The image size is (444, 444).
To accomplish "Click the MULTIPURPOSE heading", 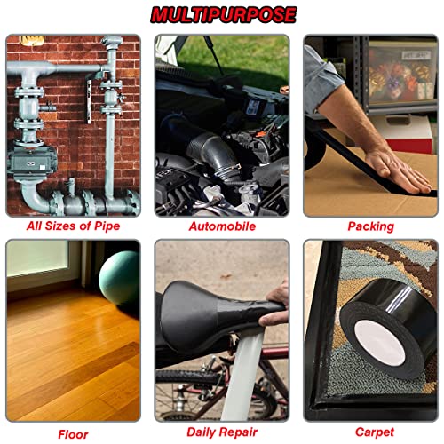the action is pyautogui.click(x=224, y=14).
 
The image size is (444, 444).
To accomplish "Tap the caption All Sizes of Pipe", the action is pyautogui.click(x=73, y=226).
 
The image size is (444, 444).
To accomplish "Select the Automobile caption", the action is pyautogui.click(x=222, y=226).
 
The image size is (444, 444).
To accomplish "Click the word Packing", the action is pyautogui.click(x=370, y=226).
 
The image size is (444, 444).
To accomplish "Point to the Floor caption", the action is pyautogui.click(x=73, y=434).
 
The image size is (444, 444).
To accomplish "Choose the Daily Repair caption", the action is pyautogui.click(x=222, y=432).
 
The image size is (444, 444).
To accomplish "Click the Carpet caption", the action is pyautogui.click(x=375, y=432).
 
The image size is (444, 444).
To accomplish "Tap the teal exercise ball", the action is pyautogui.click(x=120, y=277).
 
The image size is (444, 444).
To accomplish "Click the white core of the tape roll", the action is pyautogui.click(x=379, y=342).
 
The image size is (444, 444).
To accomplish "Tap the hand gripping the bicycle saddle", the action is pyautogui.click(x=274, y=305).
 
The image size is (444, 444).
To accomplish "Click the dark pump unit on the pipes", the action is pyautogui.click(x=31, y=162).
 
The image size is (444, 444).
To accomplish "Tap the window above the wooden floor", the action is pyautogui.click(x=38, y=259).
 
